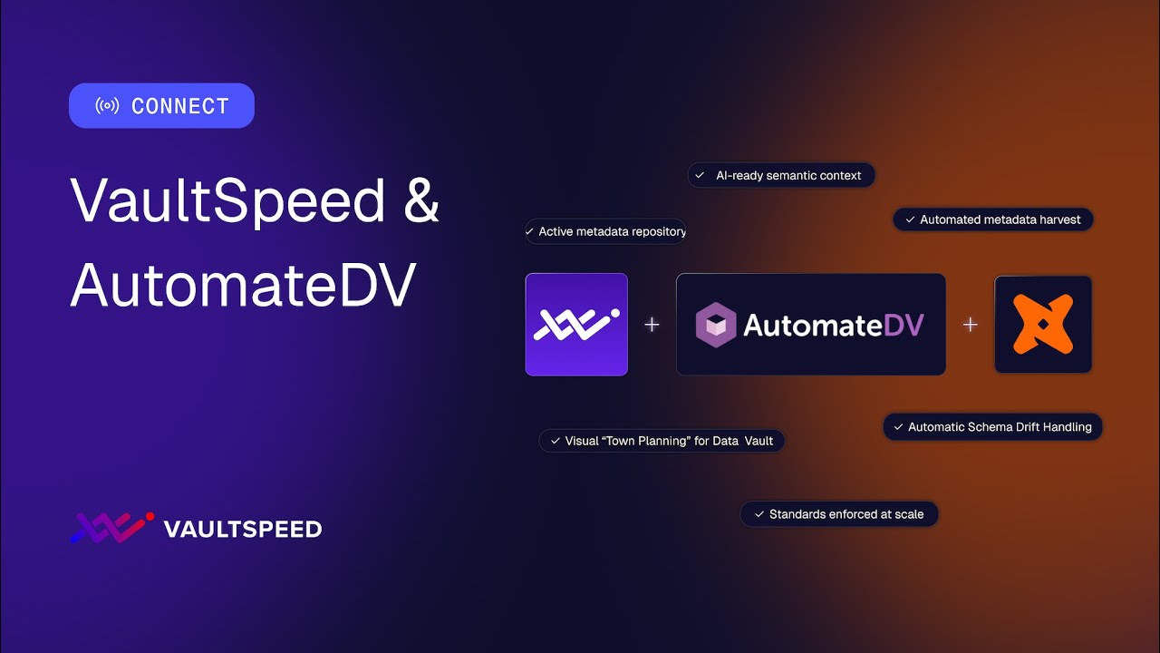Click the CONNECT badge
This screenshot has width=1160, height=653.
[x=161, y=106]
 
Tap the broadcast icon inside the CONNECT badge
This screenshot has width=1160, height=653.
[x=107, y=106]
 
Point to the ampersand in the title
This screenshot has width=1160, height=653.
[x=421, y=200]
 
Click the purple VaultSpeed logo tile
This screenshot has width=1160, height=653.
[x=576, y=325]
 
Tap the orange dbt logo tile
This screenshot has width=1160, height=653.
[x=1043, y=325]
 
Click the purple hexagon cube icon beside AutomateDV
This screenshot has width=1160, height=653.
[x=716, y=325]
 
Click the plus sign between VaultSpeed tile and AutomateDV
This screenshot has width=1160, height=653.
[x=652, y=325]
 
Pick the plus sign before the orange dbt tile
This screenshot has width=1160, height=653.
[x=971, y=325]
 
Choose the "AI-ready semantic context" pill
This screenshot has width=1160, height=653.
[x=781, y=175]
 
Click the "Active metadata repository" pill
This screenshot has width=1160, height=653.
[x=605, y=231]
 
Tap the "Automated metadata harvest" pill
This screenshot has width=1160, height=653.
[x=993, y=219]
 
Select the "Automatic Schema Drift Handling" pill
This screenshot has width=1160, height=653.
[x=992, y=427]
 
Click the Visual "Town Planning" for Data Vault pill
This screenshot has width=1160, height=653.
[x=662, y=441]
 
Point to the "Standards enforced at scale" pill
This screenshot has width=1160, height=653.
[x=839, y=514]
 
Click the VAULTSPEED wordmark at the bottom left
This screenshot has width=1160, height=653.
[x=242, y=529]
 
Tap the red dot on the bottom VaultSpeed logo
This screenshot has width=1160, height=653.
[x=150, y=517]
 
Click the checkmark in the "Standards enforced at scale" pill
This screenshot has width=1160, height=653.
[x=758, y=514]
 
